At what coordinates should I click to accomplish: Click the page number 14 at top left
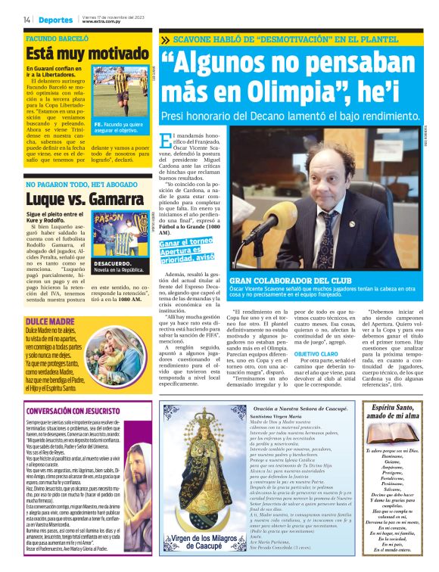tap(26, 19)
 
